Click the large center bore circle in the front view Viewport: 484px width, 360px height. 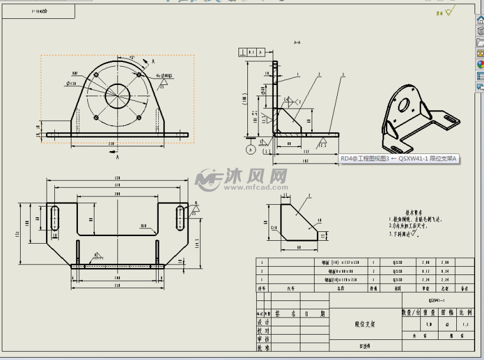[x=118, y=95]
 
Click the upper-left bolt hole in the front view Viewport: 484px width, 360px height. [x=96, y=76]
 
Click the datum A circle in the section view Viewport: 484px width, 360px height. [x=251, y=150]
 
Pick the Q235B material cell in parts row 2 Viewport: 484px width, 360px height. [x=397, y=271]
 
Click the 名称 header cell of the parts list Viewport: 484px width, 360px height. [x=340, y=289]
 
